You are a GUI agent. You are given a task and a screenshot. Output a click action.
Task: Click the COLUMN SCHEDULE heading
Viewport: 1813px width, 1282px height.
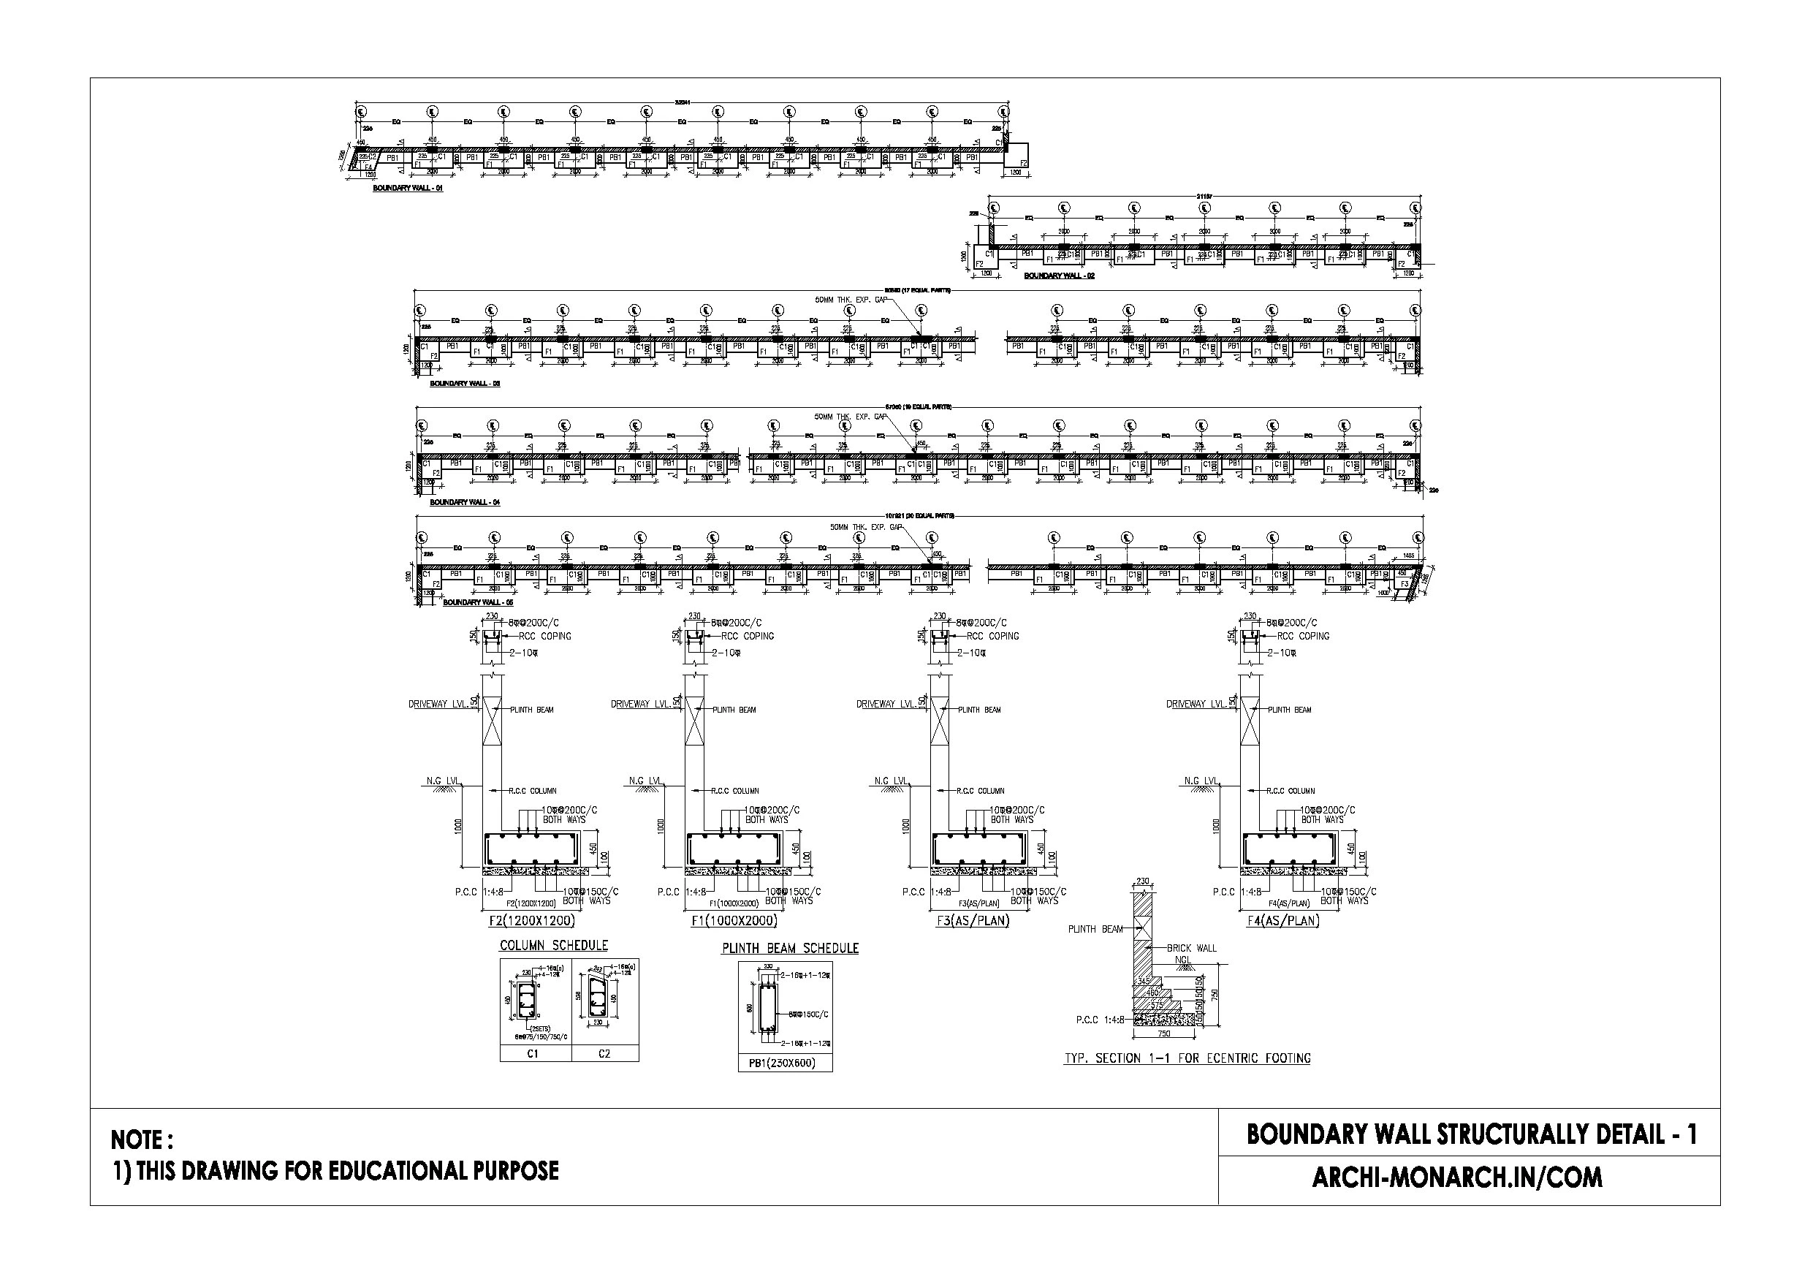(x=553, y=946)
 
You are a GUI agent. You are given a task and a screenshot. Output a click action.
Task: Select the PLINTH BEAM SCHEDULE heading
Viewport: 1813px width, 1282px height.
(x=790, y=949)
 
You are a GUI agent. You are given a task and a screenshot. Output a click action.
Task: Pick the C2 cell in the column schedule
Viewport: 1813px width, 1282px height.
(x=605, y=1054)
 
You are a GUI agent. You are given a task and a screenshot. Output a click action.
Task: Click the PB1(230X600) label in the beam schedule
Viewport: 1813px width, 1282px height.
(x=785, y=1063)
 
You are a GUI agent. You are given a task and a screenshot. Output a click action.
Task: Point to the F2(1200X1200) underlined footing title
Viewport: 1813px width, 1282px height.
(x=532, y=921)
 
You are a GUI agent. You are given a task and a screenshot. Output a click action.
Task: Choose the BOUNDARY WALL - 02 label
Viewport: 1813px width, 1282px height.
(x=1059, y=276)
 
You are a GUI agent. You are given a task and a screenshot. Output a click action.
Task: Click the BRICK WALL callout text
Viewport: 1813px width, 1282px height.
(x=1192, y=948)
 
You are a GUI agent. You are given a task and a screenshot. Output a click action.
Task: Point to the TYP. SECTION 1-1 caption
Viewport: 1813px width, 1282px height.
(x=1187, y=1058)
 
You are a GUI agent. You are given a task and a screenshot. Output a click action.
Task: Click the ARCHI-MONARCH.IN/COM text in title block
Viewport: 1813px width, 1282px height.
(x=1457, y=1177)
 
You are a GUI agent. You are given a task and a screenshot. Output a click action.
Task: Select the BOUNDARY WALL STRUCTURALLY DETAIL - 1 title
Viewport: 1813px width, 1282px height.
(x=1471, y=1134)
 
